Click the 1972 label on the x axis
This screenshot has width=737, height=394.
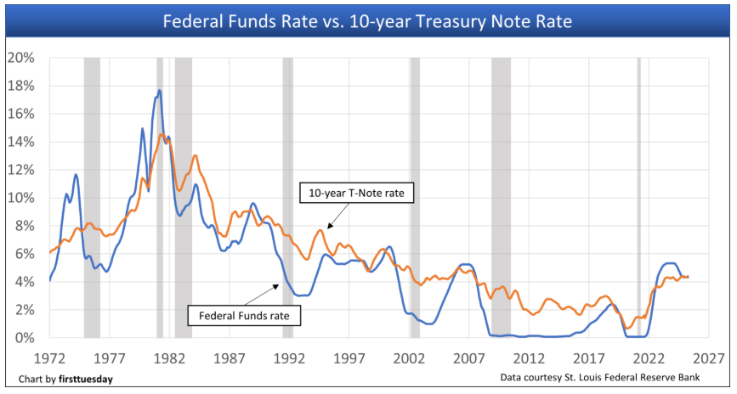(49, 357)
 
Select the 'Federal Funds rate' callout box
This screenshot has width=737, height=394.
(245, 316)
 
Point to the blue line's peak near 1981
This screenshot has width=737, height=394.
(159, 91)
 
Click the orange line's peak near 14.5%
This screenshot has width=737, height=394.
(162, 134)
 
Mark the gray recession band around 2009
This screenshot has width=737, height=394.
(501, 197)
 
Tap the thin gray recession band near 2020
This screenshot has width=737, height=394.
(639, 197)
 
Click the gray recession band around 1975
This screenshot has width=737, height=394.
(92, 197)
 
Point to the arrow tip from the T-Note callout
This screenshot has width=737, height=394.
(327, 228)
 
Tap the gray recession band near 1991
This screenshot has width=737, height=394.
(287, 197)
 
